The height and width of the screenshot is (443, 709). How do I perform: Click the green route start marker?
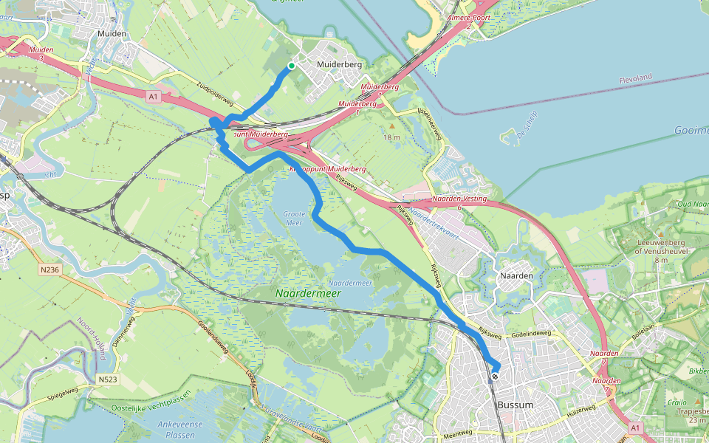pos(292,66)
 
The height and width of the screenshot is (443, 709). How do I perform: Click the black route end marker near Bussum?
pos(494,376)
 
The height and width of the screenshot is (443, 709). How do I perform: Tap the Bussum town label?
pos(516,405)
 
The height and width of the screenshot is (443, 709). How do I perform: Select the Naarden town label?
pos(516,275)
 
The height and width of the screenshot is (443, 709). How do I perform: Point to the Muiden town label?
pos(112,34)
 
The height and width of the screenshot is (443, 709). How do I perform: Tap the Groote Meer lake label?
pos(294,217)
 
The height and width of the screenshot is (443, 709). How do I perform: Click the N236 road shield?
pos(49,270)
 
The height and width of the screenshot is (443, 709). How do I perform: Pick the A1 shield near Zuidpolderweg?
pos(153,96)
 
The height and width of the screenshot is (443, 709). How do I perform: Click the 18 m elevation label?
pos(391,137)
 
